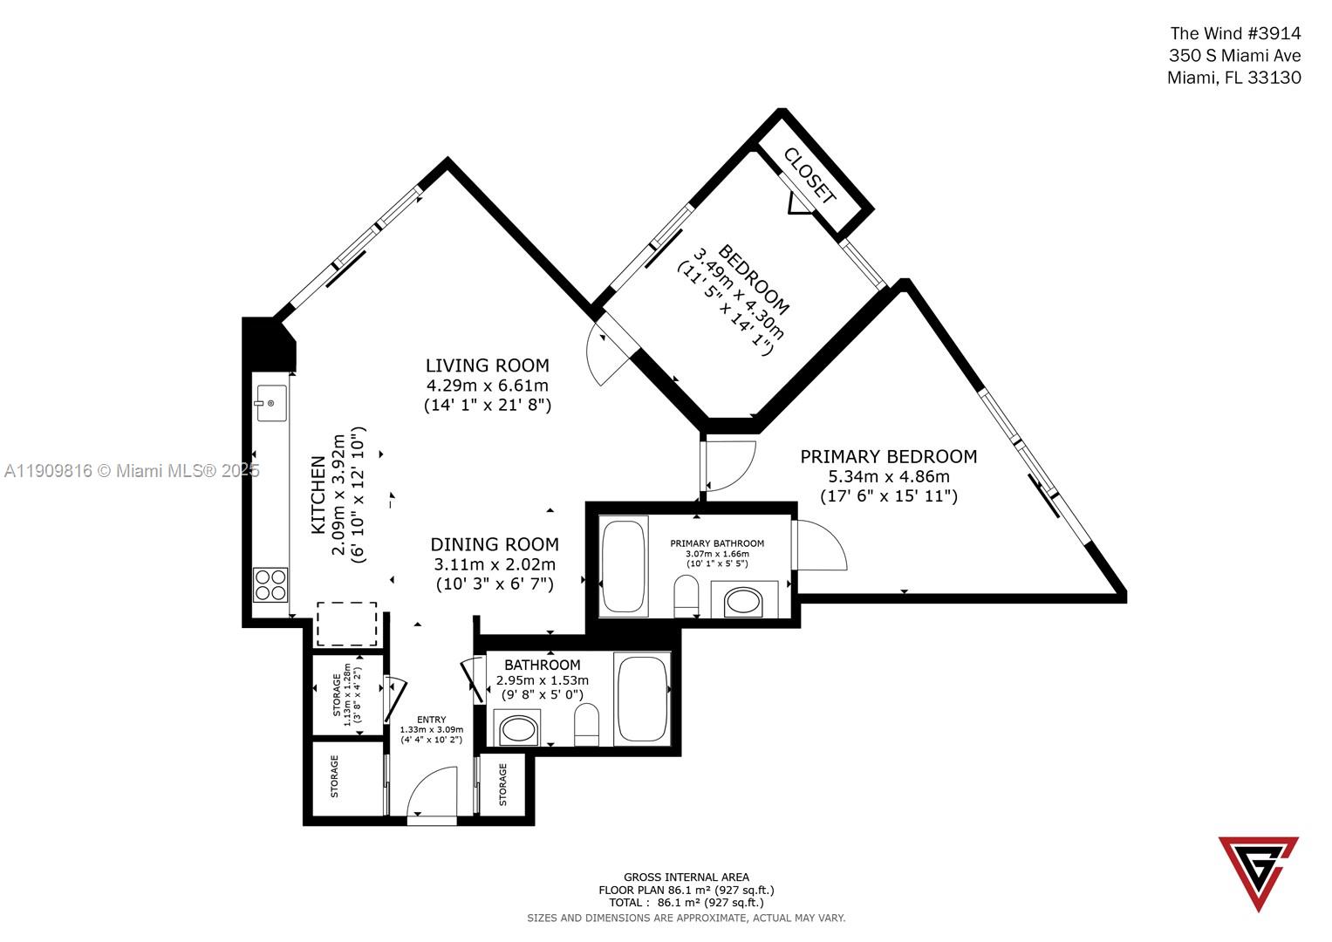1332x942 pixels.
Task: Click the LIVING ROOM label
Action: pyautogui.click(x=487, y=365)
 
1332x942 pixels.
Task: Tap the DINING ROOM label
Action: pyautogui.click(x=494, y=544)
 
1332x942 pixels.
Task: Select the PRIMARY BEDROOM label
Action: pyautogui.click(x=888, y=456)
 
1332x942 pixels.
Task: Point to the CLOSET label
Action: pyautogui.click(x=810, y=175)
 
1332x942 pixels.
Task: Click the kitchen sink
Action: pyautogui.click(x=271, y=402)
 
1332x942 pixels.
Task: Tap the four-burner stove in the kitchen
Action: pyautogui.click(x=270, y=584)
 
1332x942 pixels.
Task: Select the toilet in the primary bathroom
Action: pyautogui.click(x=687, y=594)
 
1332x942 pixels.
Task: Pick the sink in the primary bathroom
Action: pyautogui.click(x=744, y=601)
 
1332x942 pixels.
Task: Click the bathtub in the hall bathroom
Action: pyautogui.click(x=641, y=699)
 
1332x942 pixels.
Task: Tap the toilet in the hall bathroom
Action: pyautogui.click(x=587, y=726)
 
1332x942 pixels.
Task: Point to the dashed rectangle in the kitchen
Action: pyautogui.click(x=346, y=623)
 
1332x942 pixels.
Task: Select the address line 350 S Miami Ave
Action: pyautogui.click(x=1234, y=56)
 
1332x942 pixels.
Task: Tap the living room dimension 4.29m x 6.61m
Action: pyautogui.click(x=487, y=386)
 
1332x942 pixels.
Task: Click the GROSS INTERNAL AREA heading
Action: pyautogui.click(x=686, y=877)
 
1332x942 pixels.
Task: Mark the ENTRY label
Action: pyautogui.click(x=431, y=720)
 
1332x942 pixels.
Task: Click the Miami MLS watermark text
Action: pyautogui.click(x=132, y=471)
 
